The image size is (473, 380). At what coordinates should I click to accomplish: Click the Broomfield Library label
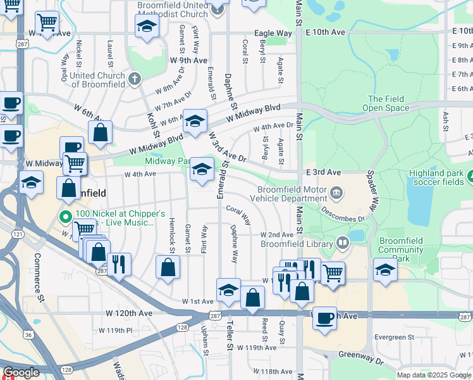pos(297,244)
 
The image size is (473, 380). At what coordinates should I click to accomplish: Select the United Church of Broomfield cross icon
pos(134,79)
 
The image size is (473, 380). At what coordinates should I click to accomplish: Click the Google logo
pos(21,372)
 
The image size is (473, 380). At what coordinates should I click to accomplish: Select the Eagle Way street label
pos(273,33)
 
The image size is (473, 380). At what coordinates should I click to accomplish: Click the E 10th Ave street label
pos(328,32)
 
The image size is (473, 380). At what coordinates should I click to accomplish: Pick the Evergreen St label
pos(393,338)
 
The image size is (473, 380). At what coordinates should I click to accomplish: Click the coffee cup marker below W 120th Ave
pos(325,318)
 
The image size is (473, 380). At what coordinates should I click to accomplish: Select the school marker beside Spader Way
pos(385,270)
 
